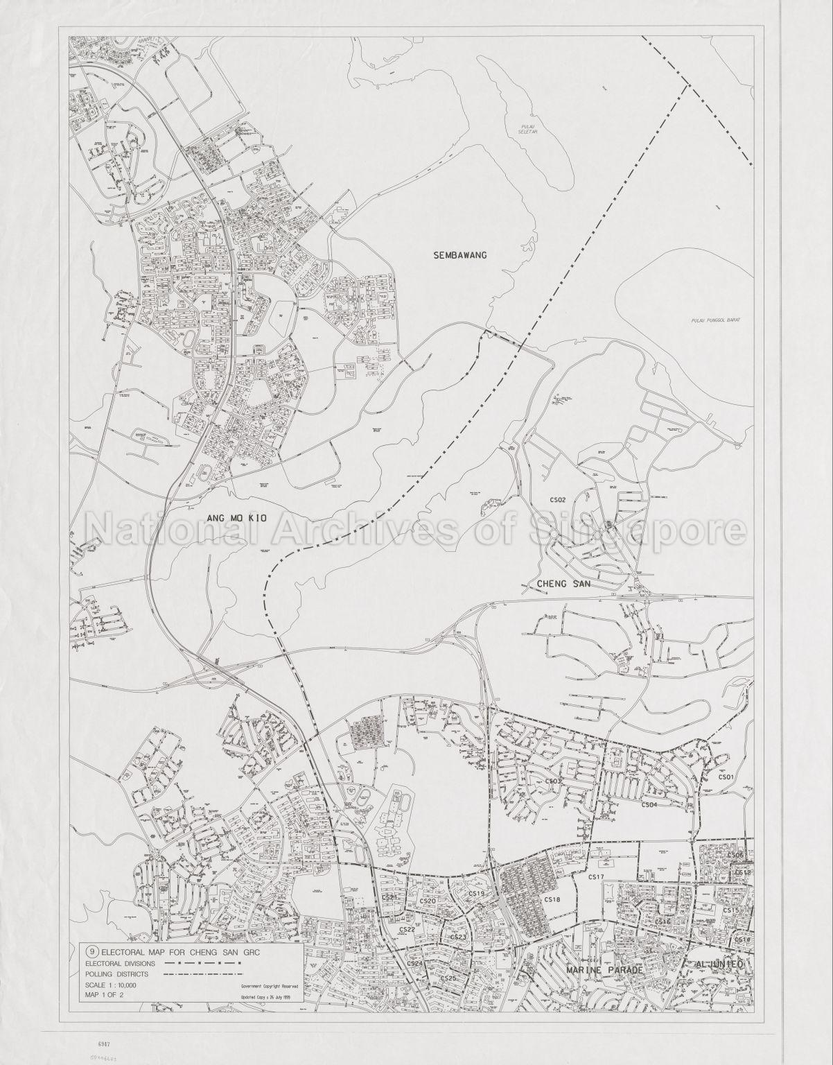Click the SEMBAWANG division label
460,254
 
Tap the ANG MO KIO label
232,515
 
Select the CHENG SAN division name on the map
563,585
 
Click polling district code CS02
557,499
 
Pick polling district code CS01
726,777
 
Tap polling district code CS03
553,781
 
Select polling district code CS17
597,877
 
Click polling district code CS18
552,899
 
